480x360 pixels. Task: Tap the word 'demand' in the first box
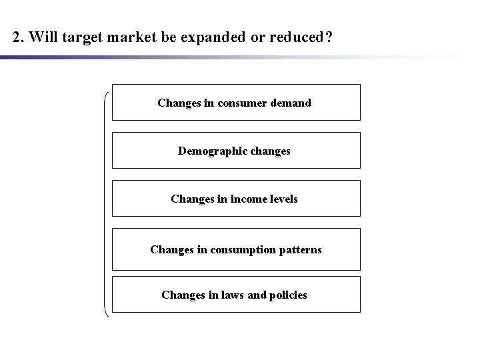(x=293, y=103)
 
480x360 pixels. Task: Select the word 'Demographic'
(x=209, y=151)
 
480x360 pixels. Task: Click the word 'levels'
(x=282, y=199)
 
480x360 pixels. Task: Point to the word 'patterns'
(x=300, y=249)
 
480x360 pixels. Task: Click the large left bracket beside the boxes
(x=107, y=200)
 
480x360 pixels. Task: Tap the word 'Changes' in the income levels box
(x=191, y=199)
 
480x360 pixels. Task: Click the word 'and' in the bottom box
(x=257, y=295)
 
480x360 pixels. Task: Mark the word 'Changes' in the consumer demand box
(x=178, y=103)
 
